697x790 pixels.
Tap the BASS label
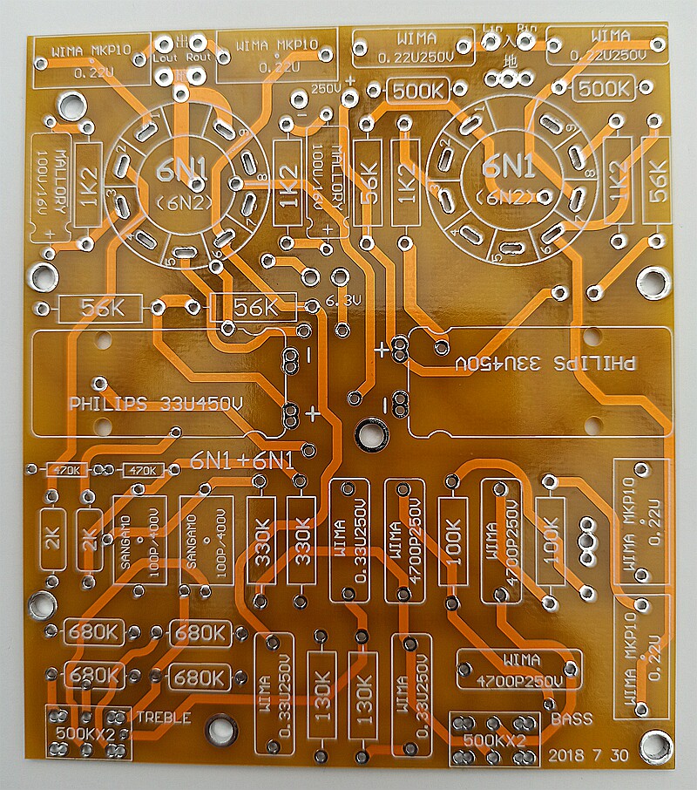572,719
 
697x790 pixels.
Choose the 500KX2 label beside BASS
493,740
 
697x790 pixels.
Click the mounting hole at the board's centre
370,432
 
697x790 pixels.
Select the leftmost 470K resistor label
67,470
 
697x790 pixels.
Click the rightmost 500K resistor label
604,88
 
